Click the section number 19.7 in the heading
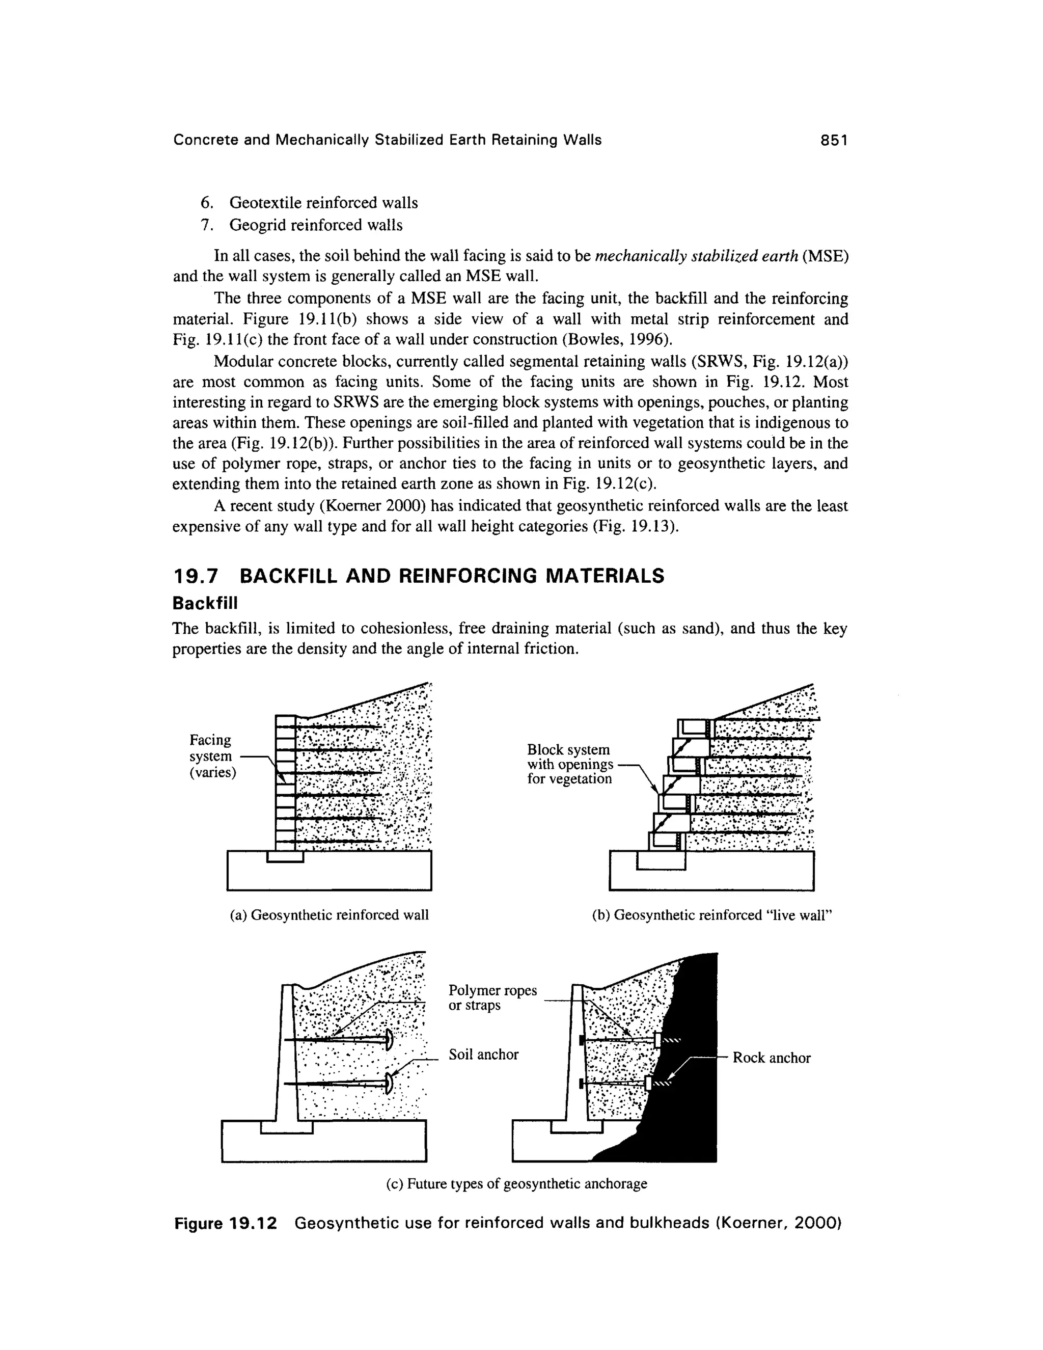pos(195,576)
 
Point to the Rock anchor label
pos(771,1058)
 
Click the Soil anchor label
pos(483,1055)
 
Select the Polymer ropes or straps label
pos(492,997)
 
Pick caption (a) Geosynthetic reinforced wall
pos(330,915)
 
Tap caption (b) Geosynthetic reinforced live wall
pos(712,915)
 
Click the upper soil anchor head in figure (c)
pos(389,1040)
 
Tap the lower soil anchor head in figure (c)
pos(389,1083)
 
